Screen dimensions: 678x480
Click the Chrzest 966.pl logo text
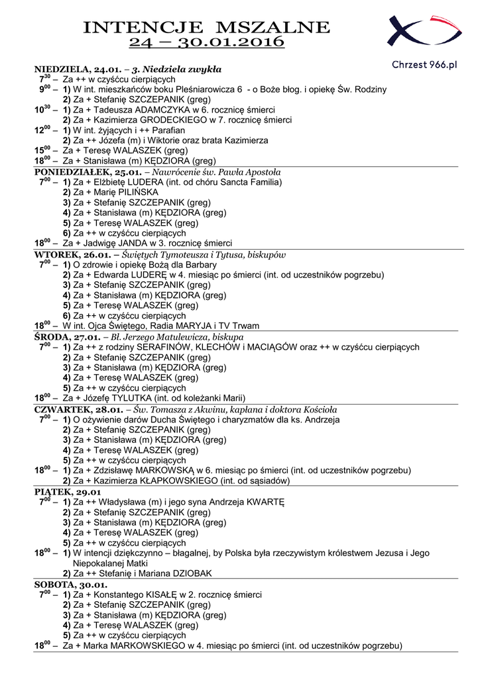(425, 64)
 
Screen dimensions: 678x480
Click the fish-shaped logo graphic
(424, 32)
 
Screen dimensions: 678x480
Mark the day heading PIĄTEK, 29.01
(67, 492)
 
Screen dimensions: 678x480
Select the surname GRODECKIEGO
(176, 120)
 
